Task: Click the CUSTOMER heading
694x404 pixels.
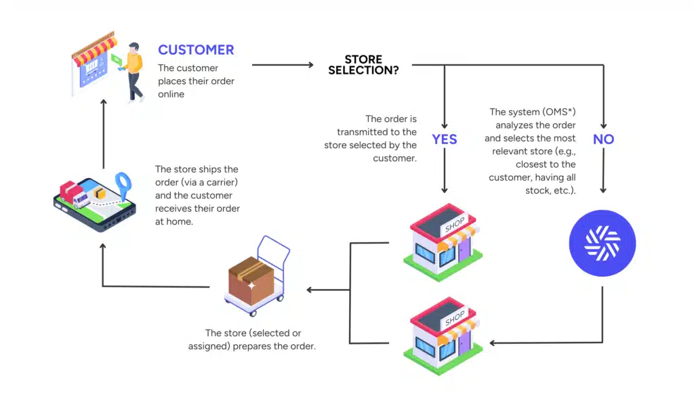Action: coord(196,50)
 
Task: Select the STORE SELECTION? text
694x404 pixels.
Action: coord(363,64)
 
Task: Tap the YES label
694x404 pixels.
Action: coord(445,139)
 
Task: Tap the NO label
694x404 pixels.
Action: coord(603,139)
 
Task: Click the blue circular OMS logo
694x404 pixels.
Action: coord(603,243)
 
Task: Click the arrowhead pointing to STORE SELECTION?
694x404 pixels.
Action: coord(310,65)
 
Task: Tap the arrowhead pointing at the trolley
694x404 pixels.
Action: coord(310,290)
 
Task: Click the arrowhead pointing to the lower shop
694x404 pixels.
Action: coord(493,342)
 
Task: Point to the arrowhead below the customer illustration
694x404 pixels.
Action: coord(103,102)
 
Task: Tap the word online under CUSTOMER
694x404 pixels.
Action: coord(171,94)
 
